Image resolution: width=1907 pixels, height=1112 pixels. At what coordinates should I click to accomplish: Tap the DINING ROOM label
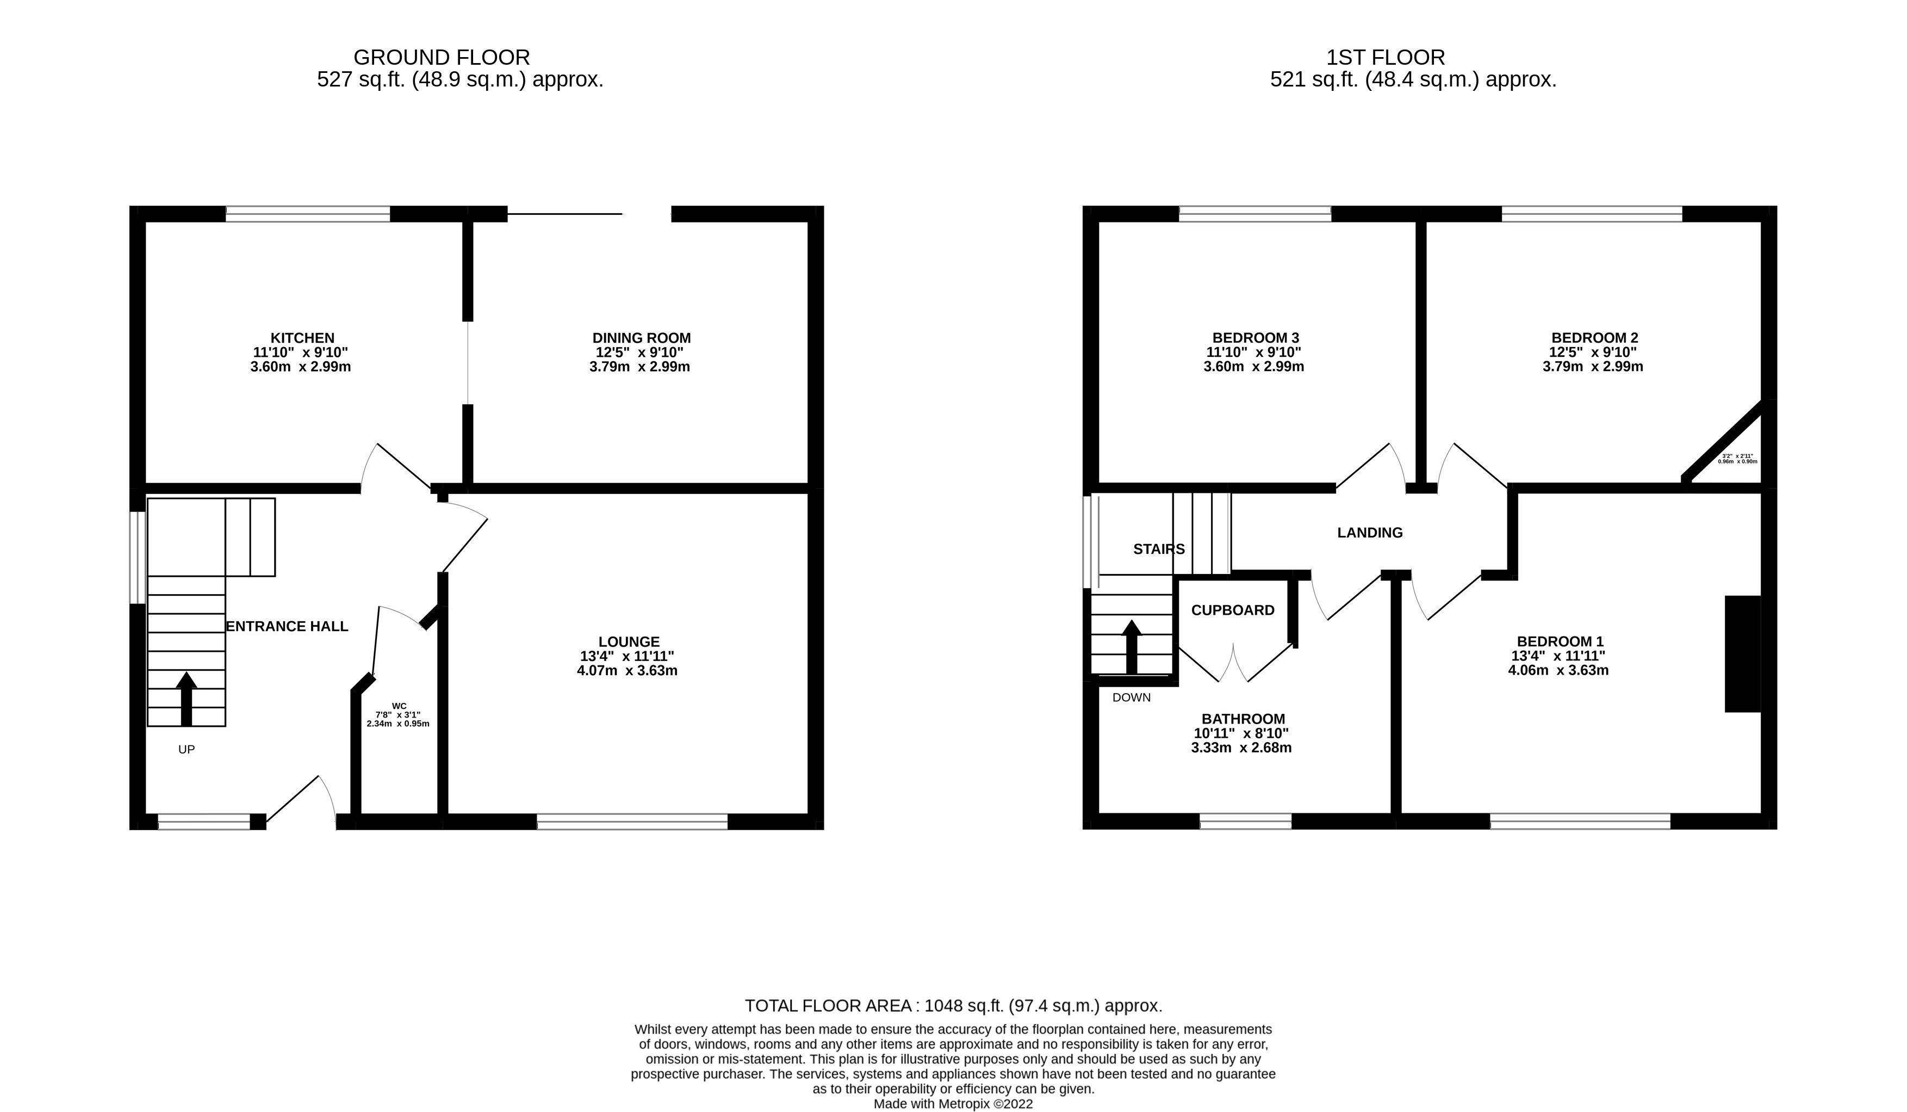click(x=641, y=338)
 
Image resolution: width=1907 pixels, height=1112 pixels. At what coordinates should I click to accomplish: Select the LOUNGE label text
click(x=628, y=642)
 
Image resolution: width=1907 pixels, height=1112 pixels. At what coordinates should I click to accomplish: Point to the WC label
click(x=399, y=706)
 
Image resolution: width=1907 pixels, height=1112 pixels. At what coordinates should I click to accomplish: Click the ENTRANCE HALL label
click(x=288, y=627)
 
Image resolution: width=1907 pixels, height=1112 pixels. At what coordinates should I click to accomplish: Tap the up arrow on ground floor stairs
click(x=186, y=700)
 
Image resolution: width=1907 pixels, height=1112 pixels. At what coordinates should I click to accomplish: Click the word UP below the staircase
click(x=186, y=750)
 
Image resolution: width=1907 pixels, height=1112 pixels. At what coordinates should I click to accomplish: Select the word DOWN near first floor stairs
click(x=1132, y=698)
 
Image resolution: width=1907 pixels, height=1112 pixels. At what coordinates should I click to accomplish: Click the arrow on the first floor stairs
click(x=1132, y=647)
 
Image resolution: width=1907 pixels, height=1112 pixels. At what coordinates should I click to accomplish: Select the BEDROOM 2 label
click(x=1594, y=338)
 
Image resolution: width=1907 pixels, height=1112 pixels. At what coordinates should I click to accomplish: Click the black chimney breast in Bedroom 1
click(x=1742, y=653)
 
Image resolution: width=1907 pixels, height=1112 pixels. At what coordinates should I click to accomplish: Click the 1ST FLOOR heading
click(x=1386, y=58)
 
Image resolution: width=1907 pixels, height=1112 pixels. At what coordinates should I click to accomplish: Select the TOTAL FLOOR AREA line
click(x=953, y=1006)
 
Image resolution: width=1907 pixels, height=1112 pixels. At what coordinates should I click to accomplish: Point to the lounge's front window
click(x=632, y=821)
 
